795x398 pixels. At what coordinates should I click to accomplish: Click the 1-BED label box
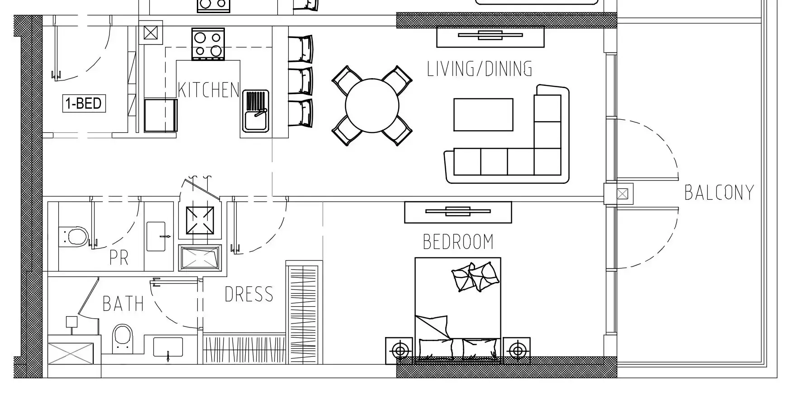tap(84, 103)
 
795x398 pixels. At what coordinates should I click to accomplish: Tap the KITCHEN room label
tap(208, 90)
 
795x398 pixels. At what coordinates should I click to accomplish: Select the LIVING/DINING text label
tap(480, 69)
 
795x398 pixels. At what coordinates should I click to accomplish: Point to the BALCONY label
tap(719, 192)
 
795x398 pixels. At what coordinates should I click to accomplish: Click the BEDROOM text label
tap(458, 242)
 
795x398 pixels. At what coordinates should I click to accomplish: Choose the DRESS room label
tap(249, 295)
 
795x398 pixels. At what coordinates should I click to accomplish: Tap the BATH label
tap(123, 304)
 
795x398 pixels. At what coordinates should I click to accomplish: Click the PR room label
tap(119, 258)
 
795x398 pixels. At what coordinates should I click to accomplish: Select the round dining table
tap(372, 106)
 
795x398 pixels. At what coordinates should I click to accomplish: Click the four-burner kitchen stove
tap(208, 44)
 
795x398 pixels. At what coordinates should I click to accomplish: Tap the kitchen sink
tap(256, 111)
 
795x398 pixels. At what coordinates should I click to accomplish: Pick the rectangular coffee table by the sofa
tap(483, 115)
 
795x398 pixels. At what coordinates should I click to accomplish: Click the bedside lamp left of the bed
tap(399, 350)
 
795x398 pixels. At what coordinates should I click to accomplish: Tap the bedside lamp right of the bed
tap(517, 350)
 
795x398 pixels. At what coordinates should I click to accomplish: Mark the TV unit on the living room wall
tap(490, 37)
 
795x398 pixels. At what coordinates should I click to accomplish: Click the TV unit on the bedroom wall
tap(458, 212)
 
